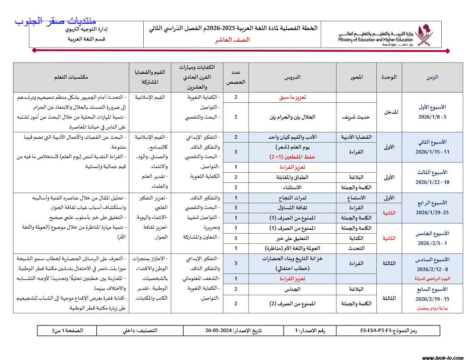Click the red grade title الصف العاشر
pos(232,40)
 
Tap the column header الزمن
pos(432,77)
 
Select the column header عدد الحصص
pos(235,77)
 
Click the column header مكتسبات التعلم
pos(71,77)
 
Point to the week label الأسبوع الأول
pos(432,107)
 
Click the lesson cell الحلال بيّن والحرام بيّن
pos(292,117)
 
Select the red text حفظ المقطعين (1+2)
pos(292,157)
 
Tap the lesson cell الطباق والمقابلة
pos(292,177)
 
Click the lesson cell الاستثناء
pos(292,187)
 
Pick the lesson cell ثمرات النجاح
pos(292,198)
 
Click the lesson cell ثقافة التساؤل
pos(292,208)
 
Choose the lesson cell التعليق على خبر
pos(292,238)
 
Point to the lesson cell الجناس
pos(292,289)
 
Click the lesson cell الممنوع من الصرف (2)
pos(292,304)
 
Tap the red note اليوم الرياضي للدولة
pos(432,278)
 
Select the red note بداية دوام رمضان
pos(432,308)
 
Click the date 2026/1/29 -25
pos(432,212)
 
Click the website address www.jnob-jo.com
pos(443,358)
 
